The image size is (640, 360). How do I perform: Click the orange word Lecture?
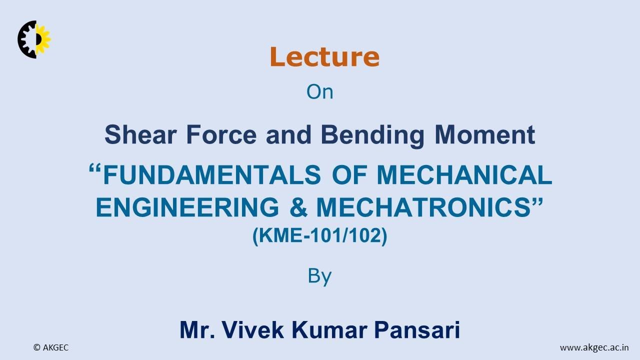pyautogui.click(x=324, y=56)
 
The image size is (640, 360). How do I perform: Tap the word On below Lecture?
pyautogui.click(x=319, y=92)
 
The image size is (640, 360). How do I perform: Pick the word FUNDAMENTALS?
pyautogui.click(x=211, y=174)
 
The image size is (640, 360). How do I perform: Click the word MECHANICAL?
pyautogui.click(x=464, y=174)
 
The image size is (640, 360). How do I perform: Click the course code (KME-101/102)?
pyautogui.click(x=320, y=235)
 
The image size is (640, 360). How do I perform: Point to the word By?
pyautogui.click(x=319, y=276)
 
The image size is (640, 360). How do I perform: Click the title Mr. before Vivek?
pyautogui.click(x=197, y=330)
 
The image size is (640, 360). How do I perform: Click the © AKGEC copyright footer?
pyautogui.click(x=51, y=347)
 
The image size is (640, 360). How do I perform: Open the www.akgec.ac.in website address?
pyautogui.click(x=594, y=347)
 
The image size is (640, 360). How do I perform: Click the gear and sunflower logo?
pyautogui.click(x=34, y=39)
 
